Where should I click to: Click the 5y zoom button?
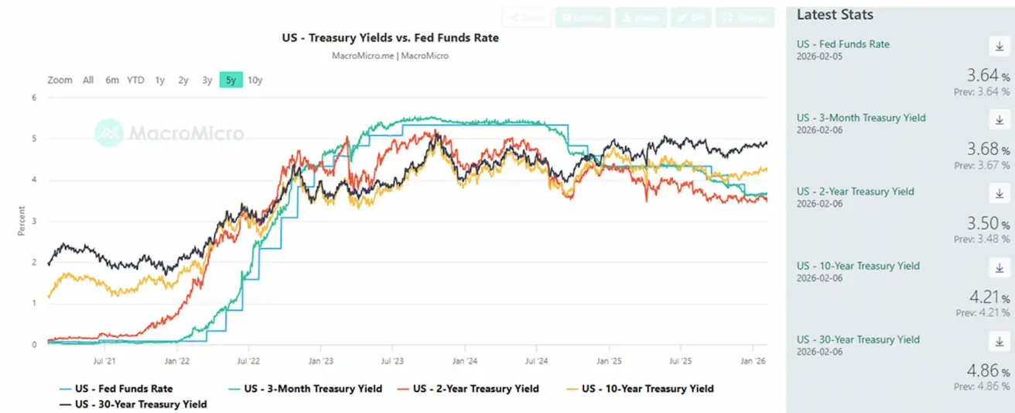coord(231,80)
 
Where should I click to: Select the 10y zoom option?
coord(255,80)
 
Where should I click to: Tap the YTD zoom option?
coord(135,80)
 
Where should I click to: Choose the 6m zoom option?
coord(112,80)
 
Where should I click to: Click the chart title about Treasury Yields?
coord(390,37)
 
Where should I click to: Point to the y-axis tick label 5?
coord(34,139)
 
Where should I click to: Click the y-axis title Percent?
coord(22,221)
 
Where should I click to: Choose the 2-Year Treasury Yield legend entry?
coord(476,389)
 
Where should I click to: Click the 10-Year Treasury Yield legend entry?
coord(648,389)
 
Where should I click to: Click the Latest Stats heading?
coord(835,15)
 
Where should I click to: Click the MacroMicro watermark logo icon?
coord(109,133)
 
